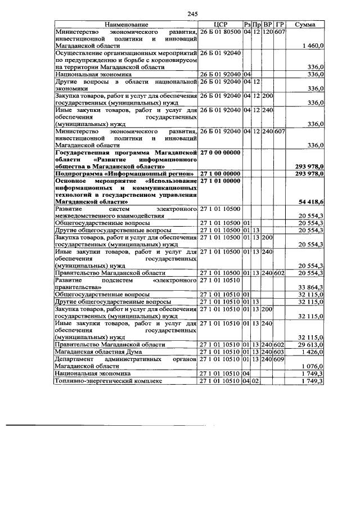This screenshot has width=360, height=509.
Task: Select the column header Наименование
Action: click(126, 25)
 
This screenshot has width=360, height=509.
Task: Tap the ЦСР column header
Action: click(220, 25)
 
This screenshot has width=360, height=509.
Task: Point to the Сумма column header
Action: click(308, 25)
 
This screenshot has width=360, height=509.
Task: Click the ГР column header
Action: click(280, 25)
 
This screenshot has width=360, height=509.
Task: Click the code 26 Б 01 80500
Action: click(220, 32)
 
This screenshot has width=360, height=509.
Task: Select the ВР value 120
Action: click(267, 32)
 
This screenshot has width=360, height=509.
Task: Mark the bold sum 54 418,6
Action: click(311, 201)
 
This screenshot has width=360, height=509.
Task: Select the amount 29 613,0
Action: click(312, 344)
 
